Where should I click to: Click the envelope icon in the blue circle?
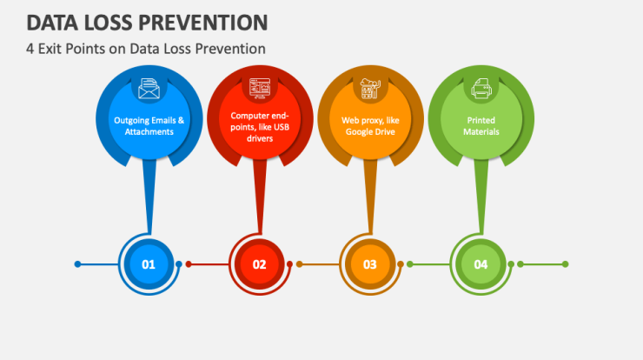tap(149, 89)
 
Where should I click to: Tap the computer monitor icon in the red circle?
tap(260, 89)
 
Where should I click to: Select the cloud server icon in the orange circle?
tap(370, 89)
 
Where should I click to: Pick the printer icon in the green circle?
tap(481, 89)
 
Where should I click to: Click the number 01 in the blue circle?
tap(149, 264)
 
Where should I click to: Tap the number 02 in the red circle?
tap(259, 264)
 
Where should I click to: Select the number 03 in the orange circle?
tap(370, 264)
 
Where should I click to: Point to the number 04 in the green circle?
tap(481, 264)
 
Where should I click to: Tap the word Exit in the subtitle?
tap(50, 49)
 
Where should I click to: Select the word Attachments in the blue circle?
tap(149, 132)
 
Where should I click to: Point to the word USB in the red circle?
tap(282, 127)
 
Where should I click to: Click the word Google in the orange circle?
tap(359, 132)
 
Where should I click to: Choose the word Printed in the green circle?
tap(481, 120)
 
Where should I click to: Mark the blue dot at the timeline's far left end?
tap(77, 264)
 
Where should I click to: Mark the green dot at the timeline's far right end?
tap(565, 264)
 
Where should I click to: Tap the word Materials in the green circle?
tap(481, 132)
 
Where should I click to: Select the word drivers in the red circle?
tap(260, 138)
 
